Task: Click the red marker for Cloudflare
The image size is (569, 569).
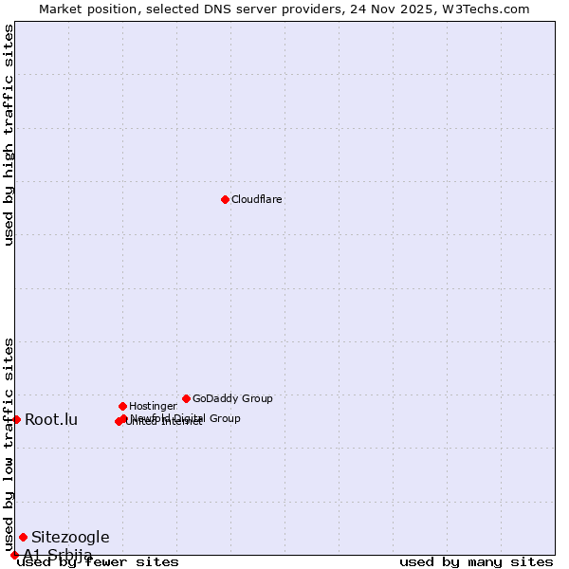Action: (225, 199)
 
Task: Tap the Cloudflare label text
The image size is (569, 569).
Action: (257, 199)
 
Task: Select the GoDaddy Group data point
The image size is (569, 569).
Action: (186, 398)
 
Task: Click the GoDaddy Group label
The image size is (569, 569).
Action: (232, 398)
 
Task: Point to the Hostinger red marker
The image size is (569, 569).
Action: (122, 406)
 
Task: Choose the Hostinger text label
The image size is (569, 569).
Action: (153, 406)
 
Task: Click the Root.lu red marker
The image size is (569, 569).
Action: (16, 419)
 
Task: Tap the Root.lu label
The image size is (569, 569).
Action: (51, 419)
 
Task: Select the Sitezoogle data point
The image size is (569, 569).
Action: (23, 537)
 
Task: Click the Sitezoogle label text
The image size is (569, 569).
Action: (70, 537)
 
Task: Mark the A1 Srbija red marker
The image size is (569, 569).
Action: (14, 555)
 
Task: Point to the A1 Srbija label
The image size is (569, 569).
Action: (58, 555)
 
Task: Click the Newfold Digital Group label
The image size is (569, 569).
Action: (186, 418)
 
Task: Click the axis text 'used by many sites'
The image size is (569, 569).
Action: (476, 561)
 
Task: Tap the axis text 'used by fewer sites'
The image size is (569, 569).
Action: (99, 561)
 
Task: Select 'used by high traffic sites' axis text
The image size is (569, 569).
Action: (9, 135)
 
